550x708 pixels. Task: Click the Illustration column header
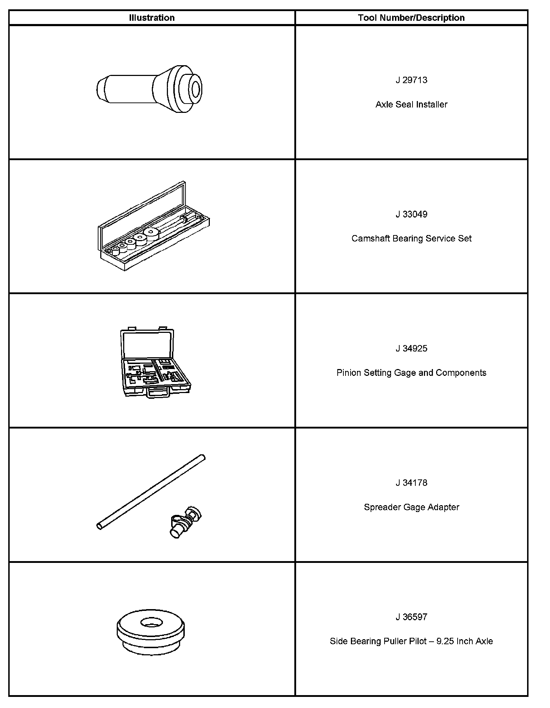click(152, 18)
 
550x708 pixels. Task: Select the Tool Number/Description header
click(411, 18)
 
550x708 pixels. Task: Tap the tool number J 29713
click(411, 80)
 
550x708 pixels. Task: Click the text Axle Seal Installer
click(411, 104)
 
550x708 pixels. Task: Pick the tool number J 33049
click(411, 214)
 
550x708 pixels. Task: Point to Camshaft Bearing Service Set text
click(411, 239)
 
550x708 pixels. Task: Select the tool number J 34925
click(411, 349)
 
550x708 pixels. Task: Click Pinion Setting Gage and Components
click(411, 373)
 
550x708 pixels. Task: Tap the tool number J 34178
click(411, 483)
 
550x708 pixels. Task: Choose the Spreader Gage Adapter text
click(411, 507)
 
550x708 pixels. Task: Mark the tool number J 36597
click(411, 617)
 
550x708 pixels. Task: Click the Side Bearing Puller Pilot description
click(411, 641)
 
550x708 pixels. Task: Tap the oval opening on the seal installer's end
click(196, 89)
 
